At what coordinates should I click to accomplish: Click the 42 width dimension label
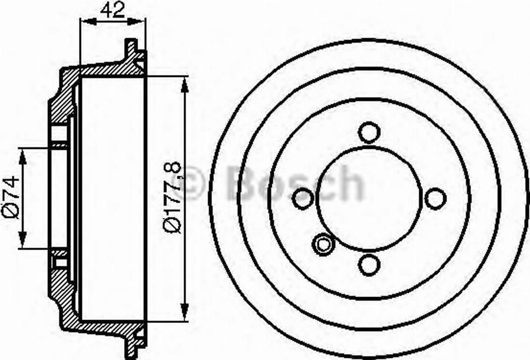click(x=112, y=11)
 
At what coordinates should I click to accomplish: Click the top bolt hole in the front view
click(x=369, y=132)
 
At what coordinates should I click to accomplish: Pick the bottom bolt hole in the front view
click(x=369, y=265)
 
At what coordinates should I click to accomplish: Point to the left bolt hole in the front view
click(x=303, y=198)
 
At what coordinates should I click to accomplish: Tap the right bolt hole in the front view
click(x=435, y=198)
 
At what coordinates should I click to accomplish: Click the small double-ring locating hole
click(x=323, y=244)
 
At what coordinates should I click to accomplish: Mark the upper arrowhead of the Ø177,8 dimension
click(x=185, y=83)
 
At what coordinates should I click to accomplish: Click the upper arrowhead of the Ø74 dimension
click(x=23, y=155)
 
